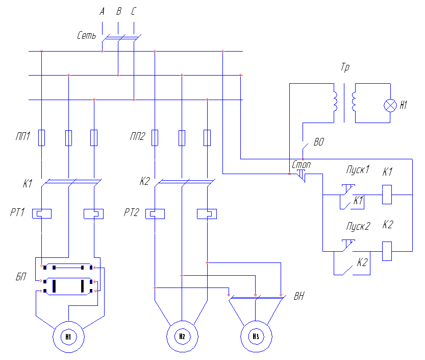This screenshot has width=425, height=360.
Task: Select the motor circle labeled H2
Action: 182,335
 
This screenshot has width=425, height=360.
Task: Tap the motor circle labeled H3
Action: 256,335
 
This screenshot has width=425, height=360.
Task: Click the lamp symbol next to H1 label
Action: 391,105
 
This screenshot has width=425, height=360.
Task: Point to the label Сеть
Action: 86,35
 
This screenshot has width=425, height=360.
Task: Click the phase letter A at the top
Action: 102,11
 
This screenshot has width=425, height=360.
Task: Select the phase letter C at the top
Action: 134,11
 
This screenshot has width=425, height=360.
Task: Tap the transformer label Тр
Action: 345,68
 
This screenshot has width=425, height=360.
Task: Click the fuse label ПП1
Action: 22,136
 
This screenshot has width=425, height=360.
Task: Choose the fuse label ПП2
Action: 137,136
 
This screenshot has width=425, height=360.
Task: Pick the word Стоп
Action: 301,165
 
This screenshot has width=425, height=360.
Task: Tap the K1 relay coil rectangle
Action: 387,194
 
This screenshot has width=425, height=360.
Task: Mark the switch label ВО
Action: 319,142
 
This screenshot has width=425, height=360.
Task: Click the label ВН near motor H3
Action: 299,296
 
